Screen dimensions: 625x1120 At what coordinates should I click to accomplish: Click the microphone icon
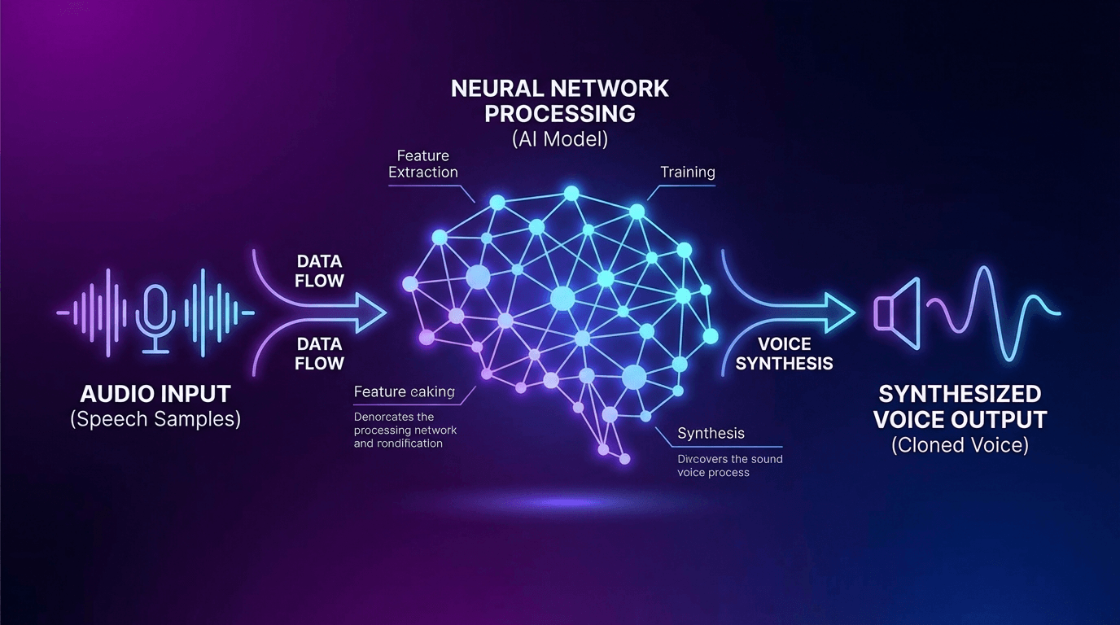pyautogui.click(x=155, y=315)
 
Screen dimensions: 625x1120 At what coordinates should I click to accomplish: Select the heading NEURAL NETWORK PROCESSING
pyautogui.click(x=560, y=100)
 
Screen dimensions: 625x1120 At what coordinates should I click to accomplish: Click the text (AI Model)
pyautogui.click(x=560, y=138)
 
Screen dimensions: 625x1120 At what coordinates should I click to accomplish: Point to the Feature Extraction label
pyautogui.click(x=423, y=164)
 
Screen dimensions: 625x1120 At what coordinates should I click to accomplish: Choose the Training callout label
pyautogui.click(x=688, y=172)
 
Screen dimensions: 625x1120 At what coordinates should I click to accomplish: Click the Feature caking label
pyautogui.click(x=405, y=392)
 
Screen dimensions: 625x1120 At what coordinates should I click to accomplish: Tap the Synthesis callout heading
pyautogui.click(x=711, y=434)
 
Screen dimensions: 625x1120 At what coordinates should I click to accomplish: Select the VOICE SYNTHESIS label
pyautogui.click(x=784, y=353)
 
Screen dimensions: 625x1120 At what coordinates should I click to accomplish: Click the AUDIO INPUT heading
pyautogui.click(x=155, y=395)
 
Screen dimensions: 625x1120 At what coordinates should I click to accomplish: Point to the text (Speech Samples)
pyautogui.click(x=155, y=420)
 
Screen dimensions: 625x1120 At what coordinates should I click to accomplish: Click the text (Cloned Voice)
pyautogui.click(x=960, y=445)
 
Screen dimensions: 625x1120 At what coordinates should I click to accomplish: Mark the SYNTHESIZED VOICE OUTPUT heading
pyautogui.click(x=960, y=407)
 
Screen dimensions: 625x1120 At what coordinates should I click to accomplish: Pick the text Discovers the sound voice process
pyautogui.click(x=730, y=465)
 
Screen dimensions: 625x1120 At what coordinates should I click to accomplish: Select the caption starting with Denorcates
pyautogui.click(x=405, y=430)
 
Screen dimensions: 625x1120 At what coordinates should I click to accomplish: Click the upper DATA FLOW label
pyautogui.click(x=320, y=271)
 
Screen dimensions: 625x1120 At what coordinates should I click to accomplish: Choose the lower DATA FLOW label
pyautogui.click(x=320, y=354)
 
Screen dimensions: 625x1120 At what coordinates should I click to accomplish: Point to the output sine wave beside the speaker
pyautogui.click(x=993, y=313)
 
